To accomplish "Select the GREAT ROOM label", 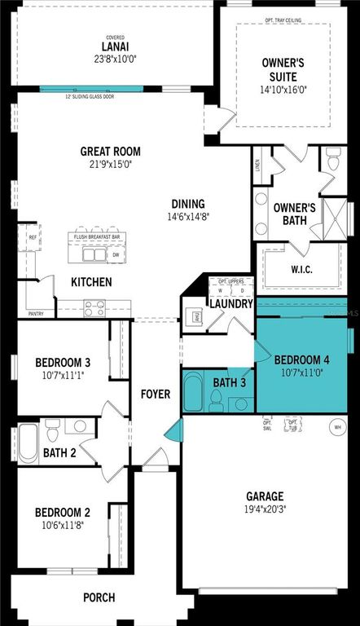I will tap(110, 152).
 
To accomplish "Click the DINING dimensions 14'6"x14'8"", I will tap(187, 218).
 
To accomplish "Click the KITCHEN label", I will tap(91, 283).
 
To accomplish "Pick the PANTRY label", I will tap(37, 313).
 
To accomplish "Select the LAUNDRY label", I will tap(229, 304).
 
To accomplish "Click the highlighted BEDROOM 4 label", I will tap(302, 359).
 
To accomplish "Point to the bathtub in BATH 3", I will tap(194, 393).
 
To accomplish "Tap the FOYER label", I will tap(156, 395).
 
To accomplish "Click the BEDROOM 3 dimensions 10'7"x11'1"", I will tap(62, 376).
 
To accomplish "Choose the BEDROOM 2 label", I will tap(62, 512).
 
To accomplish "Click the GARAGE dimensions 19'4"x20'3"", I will tap(265, 509).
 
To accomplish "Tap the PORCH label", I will tap(99, 597).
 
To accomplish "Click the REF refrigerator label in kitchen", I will tap(33, 237).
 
